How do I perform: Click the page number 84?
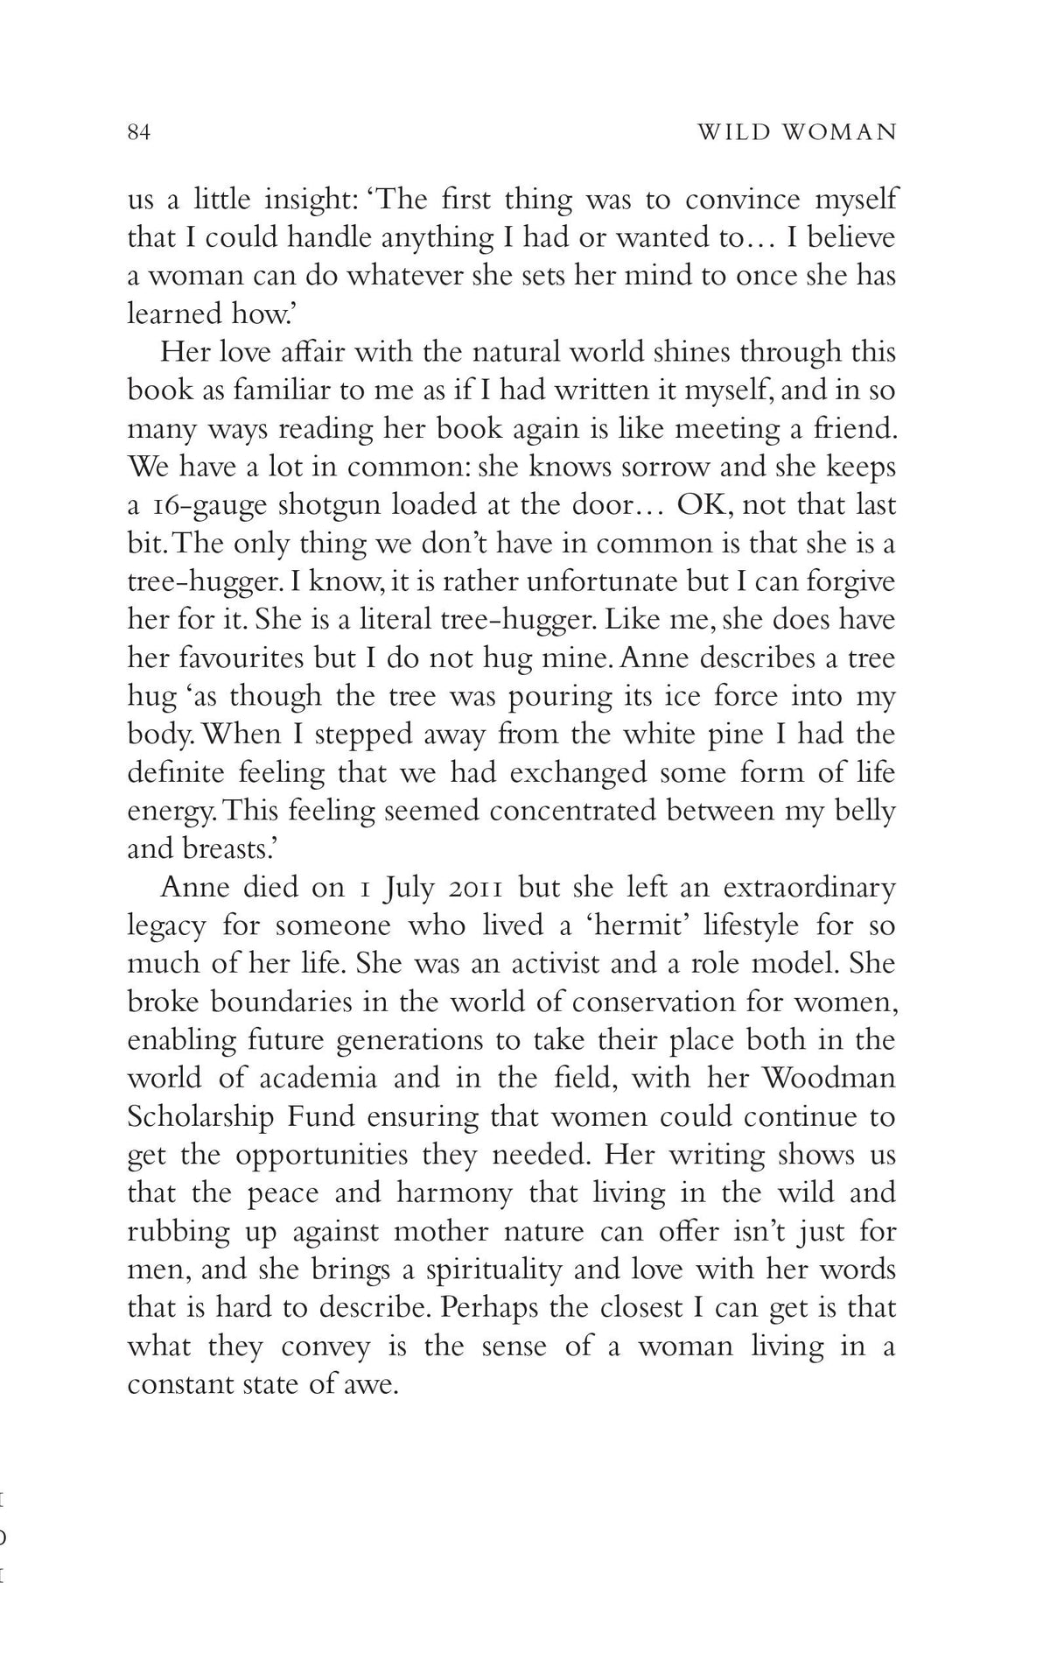click(140, 132)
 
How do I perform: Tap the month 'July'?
click(402, 887)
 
